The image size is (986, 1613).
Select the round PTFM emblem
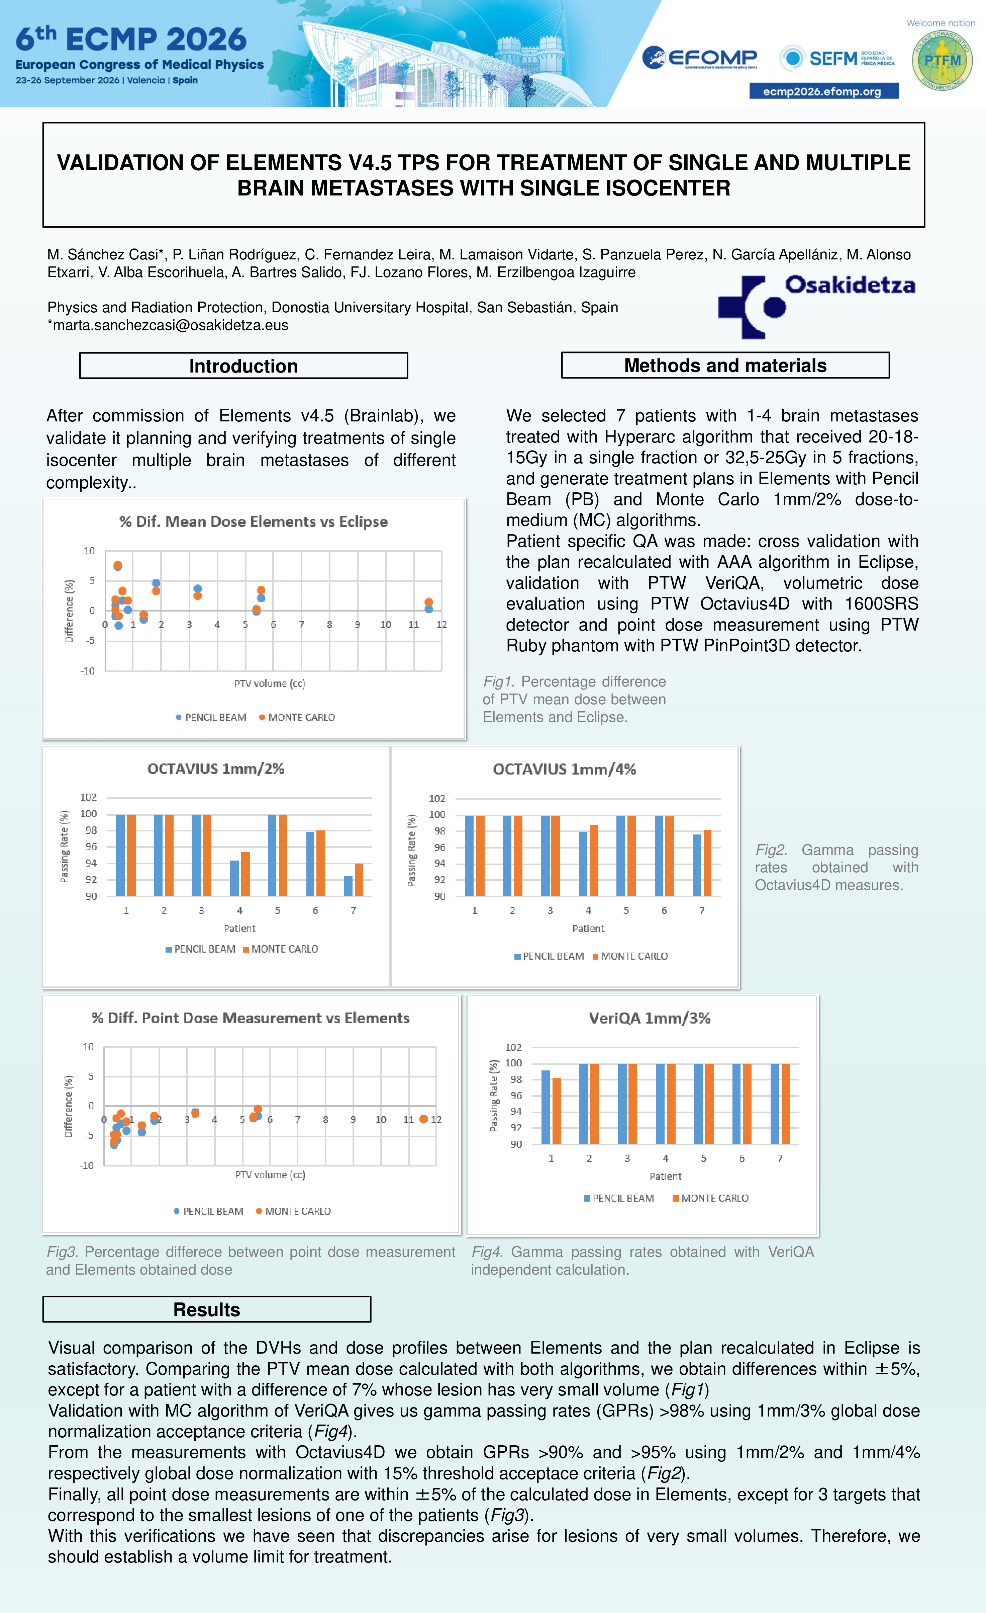(942, 60)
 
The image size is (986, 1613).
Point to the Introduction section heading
(243, 366)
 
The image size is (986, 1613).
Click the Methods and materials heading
(725, 365)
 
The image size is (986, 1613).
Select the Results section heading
(207, 1309)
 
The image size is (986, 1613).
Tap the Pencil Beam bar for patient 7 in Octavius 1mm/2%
(348, 886)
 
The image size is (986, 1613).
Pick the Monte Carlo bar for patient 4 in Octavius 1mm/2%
(245, 873)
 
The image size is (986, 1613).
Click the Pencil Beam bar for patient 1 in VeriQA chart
(546, 1107)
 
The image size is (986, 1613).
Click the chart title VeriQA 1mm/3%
(650, 1018)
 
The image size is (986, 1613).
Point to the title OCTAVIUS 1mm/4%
(565, 769)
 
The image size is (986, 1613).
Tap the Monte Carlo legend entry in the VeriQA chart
(710, 1198)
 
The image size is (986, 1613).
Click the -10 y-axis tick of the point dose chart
(87, 1165)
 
